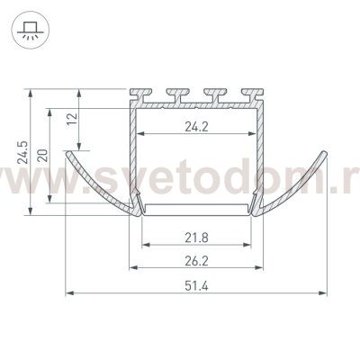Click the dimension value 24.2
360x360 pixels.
(x=196, y=127)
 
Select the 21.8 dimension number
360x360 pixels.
(x=196, y=238)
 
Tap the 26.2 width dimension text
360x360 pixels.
(x=196, y=261)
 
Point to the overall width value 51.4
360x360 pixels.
(x=196, y=286)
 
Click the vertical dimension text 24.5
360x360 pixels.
(x=22, y=152)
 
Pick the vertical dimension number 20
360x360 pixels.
(x=44, y=155)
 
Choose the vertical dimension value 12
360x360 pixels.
(x=73, y=119)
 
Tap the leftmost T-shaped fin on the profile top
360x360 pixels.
(x=140, y=94)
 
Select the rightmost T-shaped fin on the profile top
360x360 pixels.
(x=253, y=94)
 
